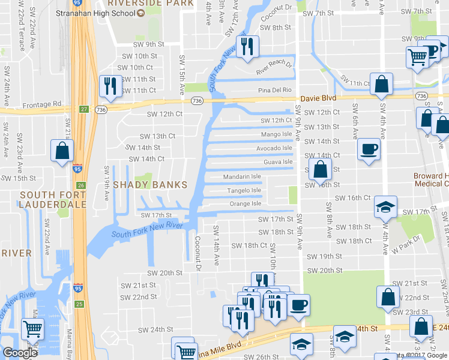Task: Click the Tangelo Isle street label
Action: click(244, 191)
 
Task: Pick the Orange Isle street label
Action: click(246, 204)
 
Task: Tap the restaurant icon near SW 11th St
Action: click(110, 86)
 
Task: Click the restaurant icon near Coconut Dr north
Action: click(247, 46)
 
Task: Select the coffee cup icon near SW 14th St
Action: click(369, 149)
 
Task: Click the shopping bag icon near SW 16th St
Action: click(321, 170)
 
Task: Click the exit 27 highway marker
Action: click(85, 109)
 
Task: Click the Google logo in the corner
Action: click(20, 353)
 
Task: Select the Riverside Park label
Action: click(151, 3)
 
